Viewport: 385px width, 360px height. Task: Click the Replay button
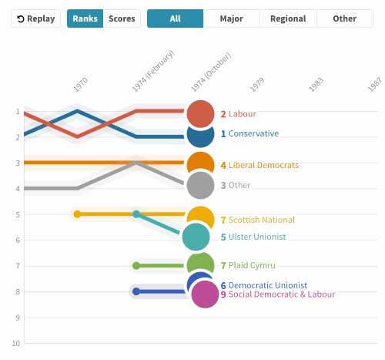point(35,19)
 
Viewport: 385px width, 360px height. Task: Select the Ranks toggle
point(85,19)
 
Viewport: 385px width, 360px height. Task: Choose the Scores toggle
point(122,19)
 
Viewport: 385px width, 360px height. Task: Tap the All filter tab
point(176,19)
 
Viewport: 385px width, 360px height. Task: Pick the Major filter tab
point(232,19)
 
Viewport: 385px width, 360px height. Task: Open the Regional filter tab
point(288,19)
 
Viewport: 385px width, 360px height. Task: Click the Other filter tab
point(344,19)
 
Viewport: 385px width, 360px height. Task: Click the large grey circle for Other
point(200,185)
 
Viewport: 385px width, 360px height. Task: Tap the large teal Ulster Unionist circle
point(196,237)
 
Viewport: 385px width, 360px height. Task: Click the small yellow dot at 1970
point(77,214)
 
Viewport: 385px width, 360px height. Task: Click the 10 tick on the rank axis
point(16,343)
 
